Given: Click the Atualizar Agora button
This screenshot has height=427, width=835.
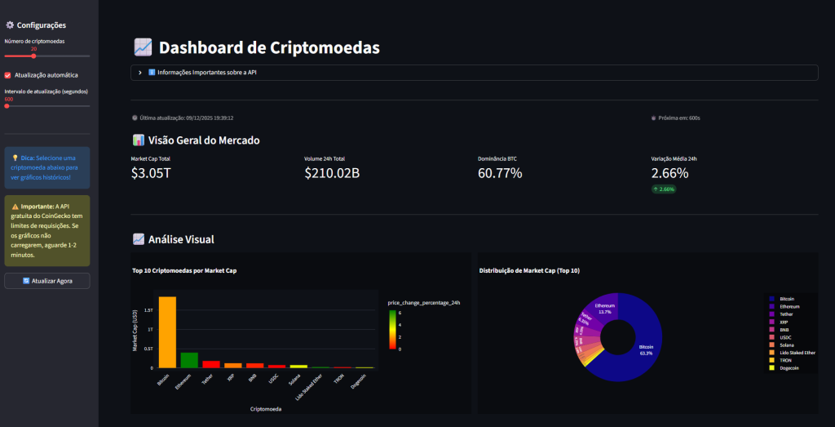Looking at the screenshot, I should pos(46,280).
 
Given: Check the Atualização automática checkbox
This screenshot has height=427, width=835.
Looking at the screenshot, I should pos(8,75).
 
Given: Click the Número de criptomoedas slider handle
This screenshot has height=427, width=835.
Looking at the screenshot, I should pos(33,56).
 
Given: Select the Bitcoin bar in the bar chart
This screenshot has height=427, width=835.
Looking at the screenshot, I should pos(167,331).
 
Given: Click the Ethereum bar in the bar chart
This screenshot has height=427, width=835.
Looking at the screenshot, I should pos(189,360).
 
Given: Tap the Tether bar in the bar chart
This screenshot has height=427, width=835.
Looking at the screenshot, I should pos(211,364).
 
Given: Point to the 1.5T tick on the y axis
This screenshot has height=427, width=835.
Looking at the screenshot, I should pos(148,310).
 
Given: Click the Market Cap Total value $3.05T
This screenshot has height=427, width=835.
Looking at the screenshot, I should pos(151,172).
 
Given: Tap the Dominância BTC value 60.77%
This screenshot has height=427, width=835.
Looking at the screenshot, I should pos(500,172).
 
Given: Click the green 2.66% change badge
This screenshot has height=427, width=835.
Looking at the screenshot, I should pos(664,189).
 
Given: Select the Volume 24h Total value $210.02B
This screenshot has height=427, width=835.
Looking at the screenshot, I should pos(332,172).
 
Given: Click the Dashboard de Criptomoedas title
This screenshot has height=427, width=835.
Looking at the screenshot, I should pos(269,47).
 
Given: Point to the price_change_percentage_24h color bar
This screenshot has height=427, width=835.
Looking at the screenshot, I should pos(392,329).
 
